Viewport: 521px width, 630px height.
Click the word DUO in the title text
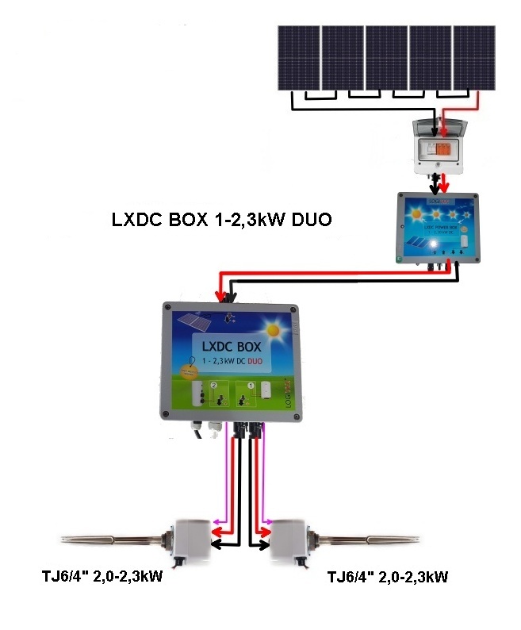[307, 220]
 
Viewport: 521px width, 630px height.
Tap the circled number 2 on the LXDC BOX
[213, 386]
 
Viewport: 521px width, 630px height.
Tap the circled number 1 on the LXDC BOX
[251, 386]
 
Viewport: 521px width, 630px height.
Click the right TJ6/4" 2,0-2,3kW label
[388, 576]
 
